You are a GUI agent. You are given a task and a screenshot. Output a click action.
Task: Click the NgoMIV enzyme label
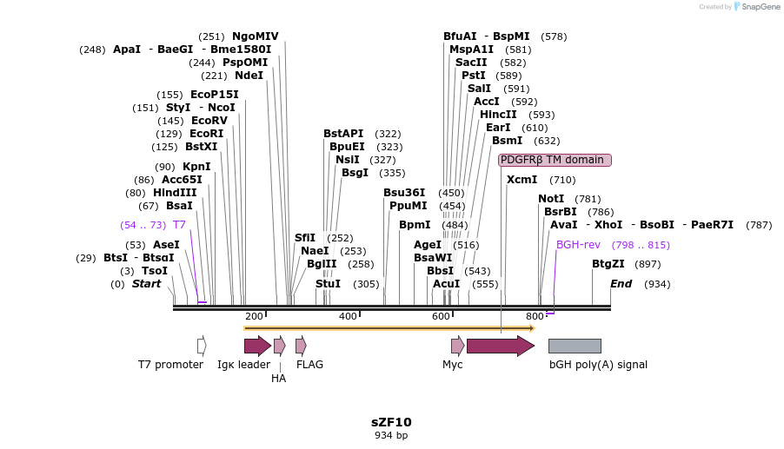[256, 36]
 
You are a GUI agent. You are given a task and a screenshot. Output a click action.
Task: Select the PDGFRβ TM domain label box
[555, 160]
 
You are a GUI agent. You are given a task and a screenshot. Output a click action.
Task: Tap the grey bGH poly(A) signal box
[575, 346]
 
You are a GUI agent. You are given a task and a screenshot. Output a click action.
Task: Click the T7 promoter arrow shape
[202, 346]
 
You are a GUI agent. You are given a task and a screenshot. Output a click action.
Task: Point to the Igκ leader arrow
[257, 346]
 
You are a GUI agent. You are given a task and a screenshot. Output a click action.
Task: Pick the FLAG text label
[309, 365]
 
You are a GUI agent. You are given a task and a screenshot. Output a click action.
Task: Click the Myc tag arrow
[457, 346]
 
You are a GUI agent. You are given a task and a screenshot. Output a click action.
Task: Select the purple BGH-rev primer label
[578, 245]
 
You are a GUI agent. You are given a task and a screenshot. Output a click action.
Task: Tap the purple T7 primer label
[179, 225]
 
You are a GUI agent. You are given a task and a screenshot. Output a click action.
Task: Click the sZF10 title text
[391, 422]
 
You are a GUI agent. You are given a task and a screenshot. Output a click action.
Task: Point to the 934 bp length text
[391, 435]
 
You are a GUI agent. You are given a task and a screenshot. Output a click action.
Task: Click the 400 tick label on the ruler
[348, 317]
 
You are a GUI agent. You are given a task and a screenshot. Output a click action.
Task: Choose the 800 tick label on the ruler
[535, 317]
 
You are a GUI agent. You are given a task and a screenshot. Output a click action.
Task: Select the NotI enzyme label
[551, 199]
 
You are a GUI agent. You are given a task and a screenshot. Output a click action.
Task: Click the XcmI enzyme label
[522, 180]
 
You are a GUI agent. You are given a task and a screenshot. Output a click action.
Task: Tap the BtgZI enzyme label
[608, 264]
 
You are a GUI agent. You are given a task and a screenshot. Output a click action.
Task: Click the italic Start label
[146, 284]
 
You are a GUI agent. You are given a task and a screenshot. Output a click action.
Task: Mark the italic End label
[621, 284]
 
